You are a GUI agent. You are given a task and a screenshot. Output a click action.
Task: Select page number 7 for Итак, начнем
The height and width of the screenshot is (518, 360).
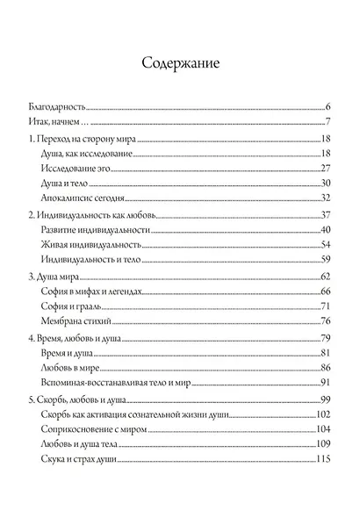click(326, 120)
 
